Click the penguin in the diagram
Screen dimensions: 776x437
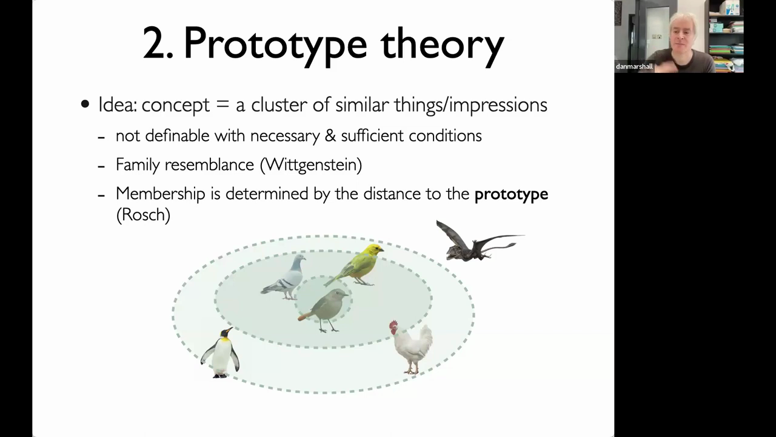[x=220, y=353]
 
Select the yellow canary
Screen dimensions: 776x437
[x=355, y=265]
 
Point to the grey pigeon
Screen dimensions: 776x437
[x=284, y=277]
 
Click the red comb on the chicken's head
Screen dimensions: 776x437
[x=393, y=325]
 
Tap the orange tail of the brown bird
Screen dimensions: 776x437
[x=304, y=316]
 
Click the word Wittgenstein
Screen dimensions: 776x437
[x=311, y=164]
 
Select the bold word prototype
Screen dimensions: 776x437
[x=511, y=194]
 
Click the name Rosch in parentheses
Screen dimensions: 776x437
[x=144, y=215]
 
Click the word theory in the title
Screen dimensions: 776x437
[x=443, y=45]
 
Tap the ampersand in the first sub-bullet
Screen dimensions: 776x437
[x=330, y=135]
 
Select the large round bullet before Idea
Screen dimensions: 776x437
[x=85, y=104]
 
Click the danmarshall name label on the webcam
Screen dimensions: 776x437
[x=634, y=66]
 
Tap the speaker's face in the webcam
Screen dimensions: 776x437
[x=682, y=35]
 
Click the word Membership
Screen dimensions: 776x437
[x=161, y=194]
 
